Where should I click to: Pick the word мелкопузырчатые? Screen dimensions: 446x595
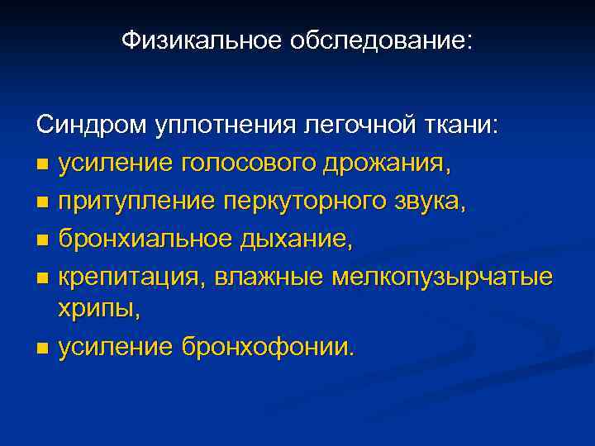coord(442,276)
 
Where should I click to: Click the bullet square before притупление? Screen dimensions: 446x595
coord(41,203)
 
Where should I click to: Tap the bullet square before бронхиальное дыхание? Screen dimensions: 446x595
coord(41,240)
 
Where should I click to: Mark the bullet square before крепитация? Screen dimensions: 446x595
coord(41,278)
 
